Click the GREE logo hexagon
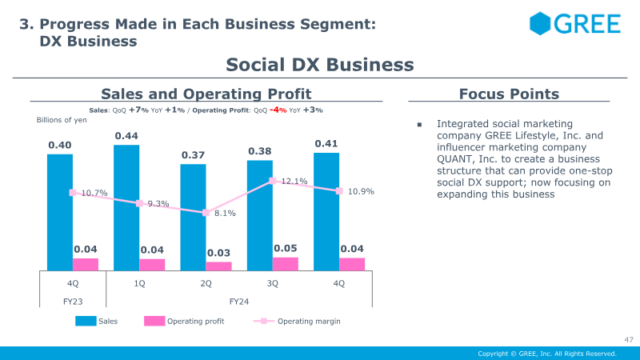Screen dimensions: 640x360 [540, 23]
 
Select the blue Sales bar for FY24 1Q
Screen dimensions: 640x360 [126, 208]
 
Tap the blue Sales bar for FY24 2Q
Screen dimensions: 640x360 [193, 218]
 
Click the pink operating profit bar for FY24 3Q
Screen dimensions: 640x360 [286, 264]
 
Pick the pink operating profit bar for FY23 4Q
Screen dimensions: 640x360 [86, 265]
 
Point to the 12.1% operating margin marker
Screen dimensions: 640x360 [273, 181]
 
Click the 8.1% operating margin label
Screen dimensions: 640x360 [225, 213]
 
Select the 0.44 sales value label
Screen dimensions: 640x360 [126, 136]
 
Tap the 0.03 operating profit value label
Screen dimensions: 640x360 [218, 253]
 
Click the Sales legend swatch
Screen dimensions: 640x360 [86, 321]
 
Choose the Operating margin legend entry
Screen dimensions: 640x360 [297, 322]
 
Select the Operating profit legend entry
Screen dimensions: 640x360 [184, 322]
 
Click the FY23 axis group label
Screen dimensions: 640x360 [73, 302]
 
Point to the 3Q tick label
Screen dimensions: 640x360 [273, 283]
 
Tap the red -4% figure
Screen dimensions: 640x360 [278, 110]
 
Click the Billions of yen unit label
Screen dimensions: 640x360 [62, 120]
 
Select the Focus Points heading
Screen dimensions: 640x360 [509, 94]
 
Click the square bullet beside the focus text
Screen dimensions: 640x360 [419, 125]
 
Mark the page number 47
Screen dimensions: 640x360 [629, 339]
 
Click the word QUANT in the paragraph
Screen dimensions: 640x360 [454, 158]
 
